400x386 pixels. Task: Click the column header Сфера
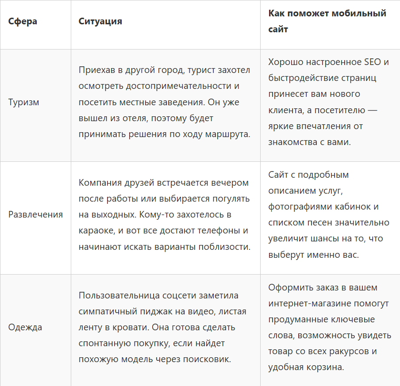click(x=23, y=21)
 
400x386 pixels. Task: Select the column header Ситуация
click(x=100, y=21)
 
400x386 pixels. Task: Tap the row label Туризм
click(x=24, y=102)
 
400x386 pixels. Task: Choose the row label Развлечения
click(x=36, y=214)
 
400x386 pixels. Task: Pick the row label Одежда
click(x=25, y=327)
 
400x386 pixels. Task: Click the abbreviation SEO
click(x=371, y=61)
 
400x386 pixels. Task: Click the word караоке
click(x=96, y=230)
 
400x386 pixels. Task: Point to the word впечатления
click(x=326, y=126)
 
